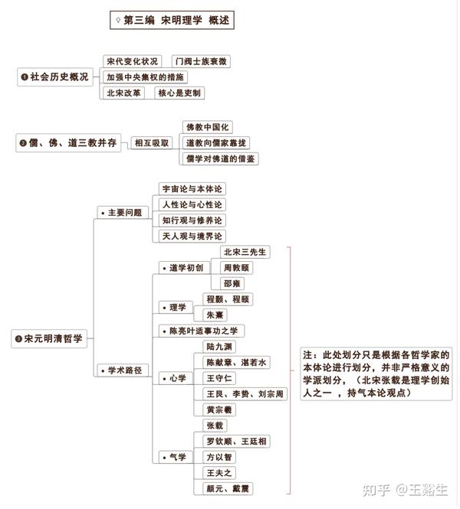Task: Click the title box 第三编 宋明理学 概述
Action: click(x=172, y=20)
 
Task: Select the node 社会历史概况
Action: click(x=55, y=77)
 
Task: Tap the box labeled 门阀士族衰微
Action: click(x=201, y=61)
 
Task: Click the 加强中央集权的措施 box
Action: click(x=145, y=77)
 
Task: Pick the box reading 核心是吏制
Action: click(x=179, y=93)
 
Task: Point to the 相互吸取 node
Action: click(x=152, y=143)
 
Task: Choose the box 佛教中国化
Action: click(x=208, y=127)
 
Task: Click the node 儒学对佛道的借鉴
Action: click(x=220, y=158)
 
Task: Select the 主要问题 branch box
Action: click(x=123, y=213)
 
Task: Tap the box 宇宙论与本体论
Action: click(x=192, y=189)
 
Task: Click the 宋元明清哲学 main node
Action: click(x=49, y=338)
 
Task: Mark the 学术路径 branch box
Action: click(x=123, y=370)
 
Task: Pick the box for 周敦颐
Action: click(x=236, y=268)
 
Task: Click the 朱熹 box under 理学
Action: click(x=215, y=315)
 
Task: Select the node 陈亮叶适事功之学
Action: click(x=202, y=331)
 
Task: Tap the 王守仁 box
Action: click(x=219, y=378)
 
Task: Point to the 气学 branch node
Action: click(x=176, y=457)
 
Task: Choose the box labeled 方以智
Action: click(x=219, y=457)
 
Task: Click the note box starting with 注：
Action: click(x=376, y=374)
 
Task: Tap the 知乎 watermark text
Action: click(x=376, y=490)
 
